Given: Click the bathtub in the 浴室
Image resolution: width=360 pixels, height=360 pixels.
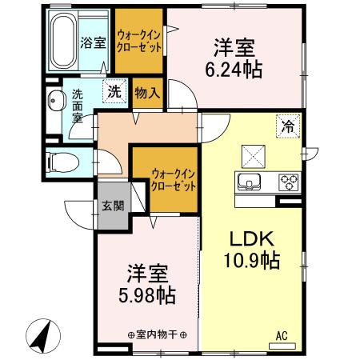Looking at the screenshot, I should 66,40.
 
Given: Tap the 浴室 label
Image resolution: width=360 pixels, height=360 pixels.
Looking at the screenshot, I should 93,43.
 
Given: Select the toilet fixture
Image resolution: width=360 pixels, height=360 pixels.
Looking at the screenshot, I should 60,161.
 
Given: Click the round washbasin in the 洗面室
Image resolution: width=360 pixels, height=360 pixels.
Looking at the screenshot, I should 57,102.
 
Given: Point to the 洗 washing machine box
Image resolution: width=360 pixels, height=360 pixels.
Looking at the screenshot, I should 114,92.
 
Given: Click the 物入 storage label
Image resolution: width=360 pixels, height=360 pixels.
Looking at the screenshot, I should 148,93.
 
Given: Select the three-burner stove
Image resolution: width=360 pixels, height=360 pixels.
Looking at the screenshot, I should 288,182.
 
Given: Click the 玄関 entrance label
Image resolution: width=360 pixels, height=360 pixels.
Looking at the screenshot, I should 112,205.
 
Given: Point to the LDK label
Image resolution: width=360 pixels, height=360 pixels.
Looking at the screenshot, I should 252,238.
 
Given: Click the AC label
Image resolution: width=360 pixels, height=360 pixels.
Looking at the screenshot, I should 282,336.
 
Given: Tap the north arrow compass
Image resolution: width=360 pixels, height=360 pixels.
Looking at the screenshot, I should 42,336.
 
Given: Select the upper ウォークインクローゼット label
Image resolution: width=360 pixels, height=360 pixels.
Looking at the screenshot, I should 139,41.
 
